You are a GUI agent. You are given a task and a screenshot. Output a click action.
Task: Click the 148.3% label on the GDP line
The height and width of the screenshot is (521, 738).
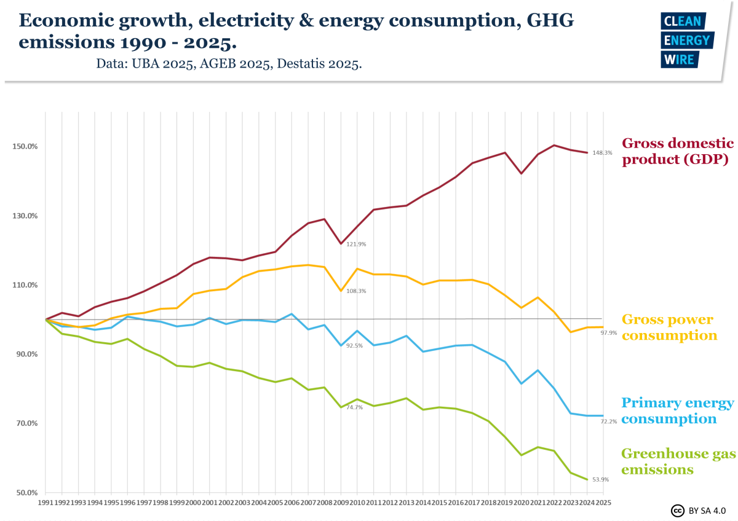[x=602, y=153]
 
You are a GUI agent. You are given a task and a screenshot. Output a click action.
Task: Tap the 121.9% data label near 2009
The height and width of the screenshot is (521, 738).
[x=356, y=245]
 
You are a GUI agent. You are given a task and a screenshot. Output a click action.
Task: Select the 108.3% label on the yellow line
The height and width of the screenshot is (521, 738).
[x=356, y=291]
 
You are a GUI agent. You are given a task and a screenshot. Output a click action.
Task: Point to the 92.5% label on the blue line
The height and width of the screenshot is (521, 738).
[x=355, y=346]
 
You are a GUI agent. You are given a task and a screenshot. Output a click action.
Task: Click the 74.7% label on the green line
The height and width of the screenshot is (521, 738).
[x=355, y=407]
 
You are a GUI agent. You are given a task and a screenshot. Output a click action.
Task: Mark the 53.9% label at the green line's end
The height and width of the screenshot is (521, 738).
[x=600, y=479]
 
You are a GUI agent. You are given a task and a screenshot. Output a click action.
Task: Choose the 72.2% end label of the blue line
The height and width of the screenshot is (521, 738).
[x=600, y=421]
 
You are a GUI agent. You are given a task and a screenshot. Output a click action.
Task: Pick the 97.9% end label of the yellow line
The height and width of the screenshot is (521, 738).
[x=600, y=333]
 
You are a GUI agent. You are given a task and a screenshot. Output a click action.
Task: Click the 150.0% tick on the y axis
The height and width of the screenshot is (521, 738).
[x=25, y=147]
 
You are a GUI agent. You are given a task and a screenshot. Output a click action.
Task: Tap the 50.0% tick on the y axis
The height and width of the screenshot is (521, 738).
[x=26, y=493]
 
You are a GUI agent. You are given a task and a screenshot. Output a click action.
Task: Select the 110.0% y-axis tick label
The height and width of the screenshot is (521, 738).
[x=25, y=285]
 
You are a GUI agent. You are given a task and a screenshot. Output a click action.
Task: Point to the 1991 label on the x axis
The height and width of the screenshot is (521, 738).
[x=46, y=503]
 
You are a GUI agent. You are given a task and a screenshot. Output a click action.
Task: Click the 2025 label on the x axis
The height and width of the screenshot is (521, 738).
[x=604, y=503]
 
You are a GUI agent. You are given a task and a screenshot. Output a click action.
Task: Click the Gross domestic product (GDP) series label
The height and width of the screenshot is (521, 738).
[x=678, y=151]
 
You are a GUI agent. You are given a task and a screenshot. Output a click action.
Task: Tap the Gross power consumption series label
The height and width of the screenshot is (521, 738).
[x=669, y=327]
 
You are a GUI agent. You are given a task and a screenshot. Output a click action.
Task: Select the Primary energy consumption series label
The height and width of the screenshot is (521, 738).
[x=677, y=411]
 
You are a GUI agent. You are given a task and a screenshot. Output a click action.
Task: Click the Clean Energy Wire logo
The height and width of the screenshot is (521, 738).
[x=686, y=41]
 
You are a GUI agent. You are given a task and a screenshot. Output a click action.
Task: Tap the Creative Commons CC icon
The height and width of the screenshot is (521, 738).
[x=677, y=511]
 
